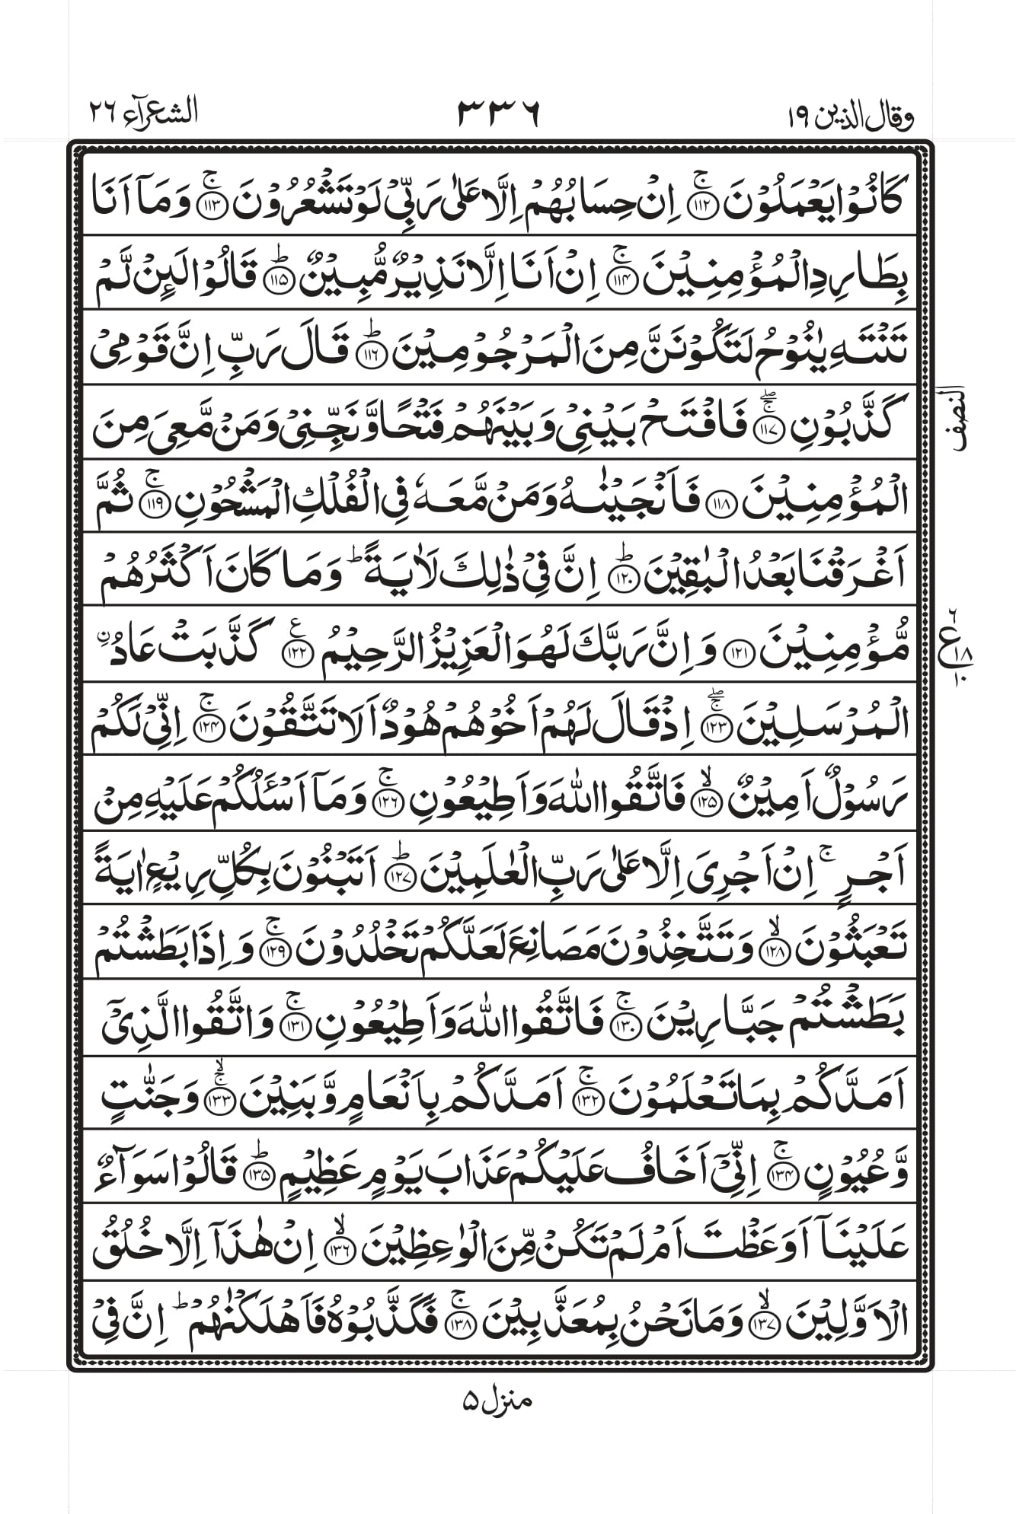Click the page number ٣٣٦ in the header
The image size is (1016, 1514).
pyautogui.click(x=498, y=113)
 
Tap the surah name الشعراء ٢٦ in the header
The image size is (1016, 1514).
pyautogui.click(x=143, y=113)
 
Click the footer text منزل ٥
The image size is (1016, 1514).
pyautogui.click(x=496, y=1399)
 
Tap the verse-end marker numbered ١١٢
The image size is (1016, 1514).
pyautogui.click(x=702, y=202)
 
